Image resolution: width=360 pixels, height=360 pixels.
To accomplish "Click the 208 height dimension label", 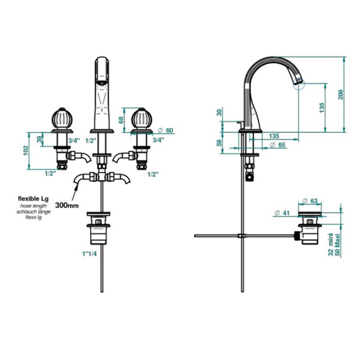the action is click(x=341, y=94).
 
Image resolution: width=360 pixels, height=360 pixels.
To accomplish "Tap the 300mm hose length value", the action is click(x=67, y=205).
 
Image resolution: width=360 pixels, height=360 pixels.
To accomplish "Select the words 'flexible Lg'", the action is click(x=33, y=199).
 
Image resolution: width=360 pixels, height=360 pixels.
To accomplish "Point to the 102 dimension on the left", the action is click(x=26, y=151).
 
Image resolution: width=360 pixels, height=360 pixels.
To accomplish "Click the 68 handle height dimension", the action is click(x=121, y=120).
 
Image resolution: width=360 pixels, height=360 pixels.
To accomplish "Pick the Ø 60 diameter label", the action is click(x=166, y=130).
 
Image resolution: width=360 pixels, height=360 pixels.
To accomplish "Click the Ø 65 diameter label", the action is click(x=277, y=145).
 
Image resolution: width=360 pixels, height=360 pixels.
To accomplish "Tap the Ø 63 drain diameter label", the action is click(x=310, y=201).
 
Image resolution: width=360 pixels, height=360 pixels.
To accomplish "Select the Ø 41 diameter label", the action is click(x=282, y=213).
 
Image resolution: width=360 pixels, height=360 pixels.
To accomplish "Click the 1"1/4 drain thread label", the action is click(x=90, y=254).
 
